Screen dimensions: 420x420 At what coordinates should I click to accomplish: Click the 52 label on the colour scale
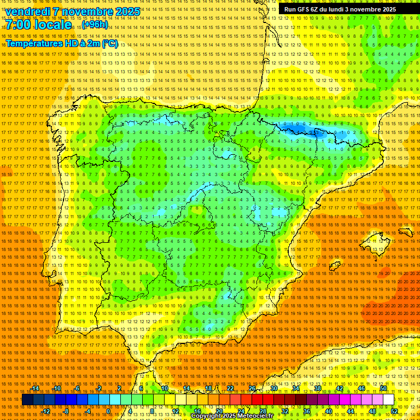[394, 411]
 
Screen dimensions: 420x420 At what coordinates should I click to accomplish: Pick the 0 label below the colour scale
[108, 411]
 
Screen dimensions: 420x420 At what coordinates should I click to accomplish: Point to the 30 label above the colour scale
[274, 388]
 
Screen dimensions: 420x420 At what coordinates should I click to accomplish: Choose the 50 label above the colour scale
[383, 388]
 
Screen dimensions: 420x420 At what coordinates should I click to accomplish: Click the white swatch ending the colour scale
[389, 400]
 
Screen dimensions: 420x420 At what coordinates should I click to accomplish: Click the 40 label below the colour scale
[329, 411]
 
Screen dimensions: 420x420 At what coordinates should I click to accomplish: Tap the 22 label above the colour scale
[230, 388]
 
